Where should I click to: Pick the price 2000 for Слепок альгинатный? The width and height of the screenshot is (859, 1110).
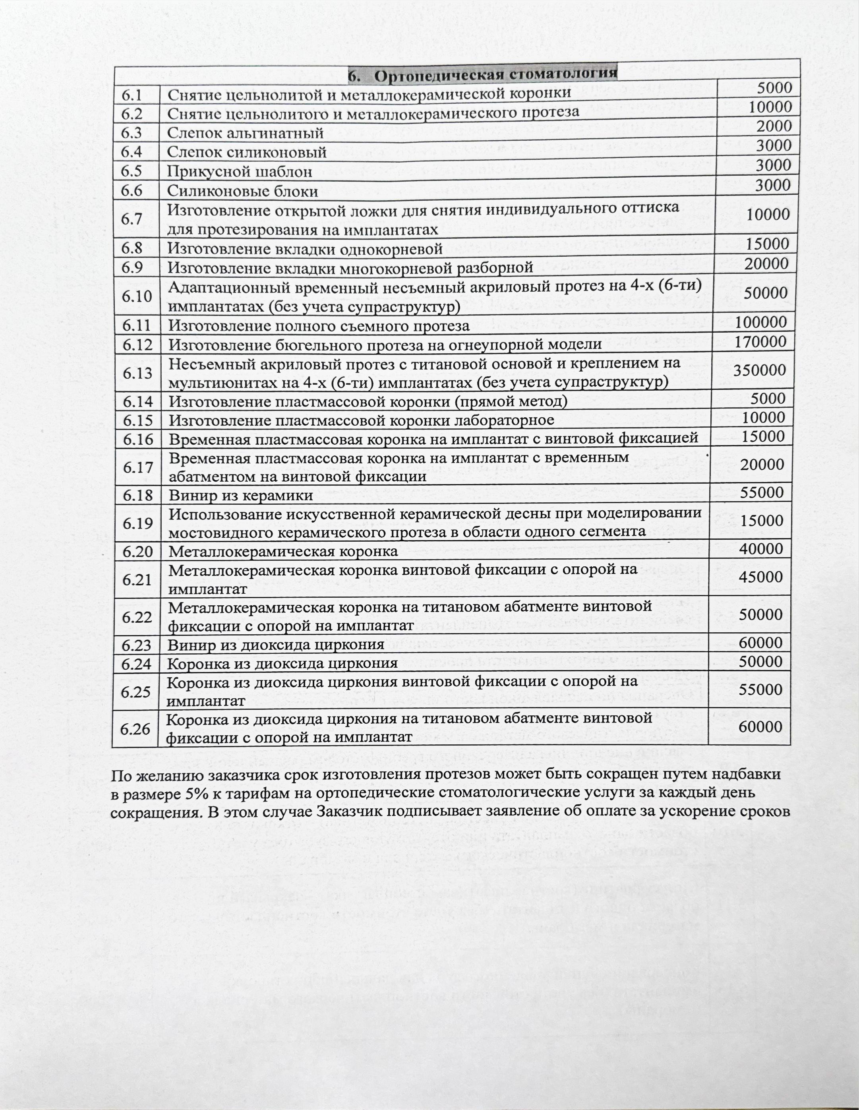774,126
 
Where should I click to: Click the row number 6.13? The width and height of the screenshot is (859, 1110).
137,373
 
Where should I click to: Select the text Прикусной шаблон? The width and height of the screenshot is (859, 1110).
240,172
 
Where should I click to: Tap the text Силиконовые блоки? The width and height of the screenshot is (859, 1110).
243,192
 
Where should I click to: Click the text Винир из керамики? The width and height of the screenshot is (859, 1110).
241,496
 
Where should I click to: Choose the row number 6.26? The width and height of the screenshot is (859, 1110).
135,729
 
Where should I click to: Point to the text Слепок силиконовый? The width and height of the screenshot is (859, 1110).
247,152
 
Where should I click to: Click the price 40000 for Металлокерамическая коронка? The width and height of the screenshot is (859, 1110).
762,549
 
